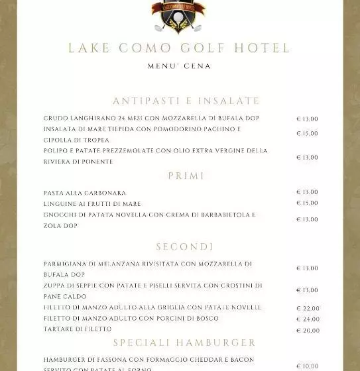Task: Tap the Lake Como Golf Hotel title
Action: (180, 48)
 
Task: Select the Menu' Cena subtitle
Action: (180, 66)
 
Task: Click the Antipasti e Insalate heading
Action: (186, 101)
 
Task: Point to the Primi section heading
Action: (186, 176)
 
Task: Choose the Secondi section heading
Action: (185, 247)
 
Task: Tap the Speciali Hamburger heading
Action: (184, 343)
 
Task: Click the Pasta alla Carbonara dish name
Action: (85, 193)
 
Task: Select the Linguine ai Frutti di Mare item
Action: (92, 204)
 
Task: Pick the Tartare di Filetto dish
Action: (78, 330)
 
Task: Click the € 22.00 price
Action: (308, 309)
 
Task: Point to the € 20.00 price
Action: (308, 331)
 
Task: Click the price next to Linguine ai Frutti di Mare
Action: (307, 203)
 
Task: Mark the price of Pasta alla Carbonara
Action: (307, 192)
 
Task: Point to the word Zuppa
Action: (55, 286)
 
